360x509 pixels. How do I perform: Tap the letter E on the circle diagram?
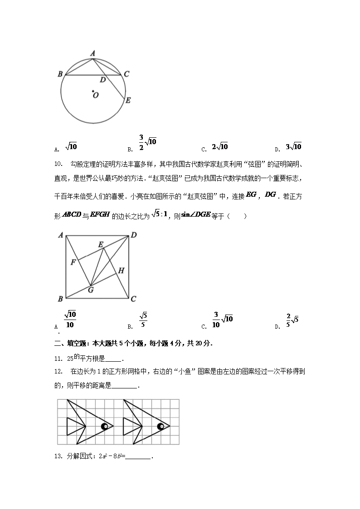click(x=128, y=100)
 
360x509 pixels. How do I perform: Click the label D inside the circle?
click(x=103, y=80)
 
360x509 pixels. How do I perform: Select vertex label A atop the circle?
click(x=92, y=53)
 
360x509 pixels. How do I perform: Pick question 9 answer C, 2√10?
click(x=220, y=146)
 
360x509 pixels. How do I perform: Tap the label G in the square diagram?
click(x=91, y=290)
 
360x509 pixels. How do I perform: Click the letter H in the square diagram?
click(x=121, y=271)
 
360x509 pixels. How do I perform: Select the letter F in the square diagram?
click(x=73, y=262)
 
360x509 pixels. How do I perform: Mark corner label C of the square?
click(x=133, y=299)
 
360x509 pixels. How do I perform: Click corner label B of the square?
click(x=60, y=299)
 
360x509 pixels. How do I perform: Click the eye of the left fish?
click(x=104, y=426)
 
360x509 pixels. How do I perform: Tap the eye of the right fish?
click(x=161, y=426)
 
